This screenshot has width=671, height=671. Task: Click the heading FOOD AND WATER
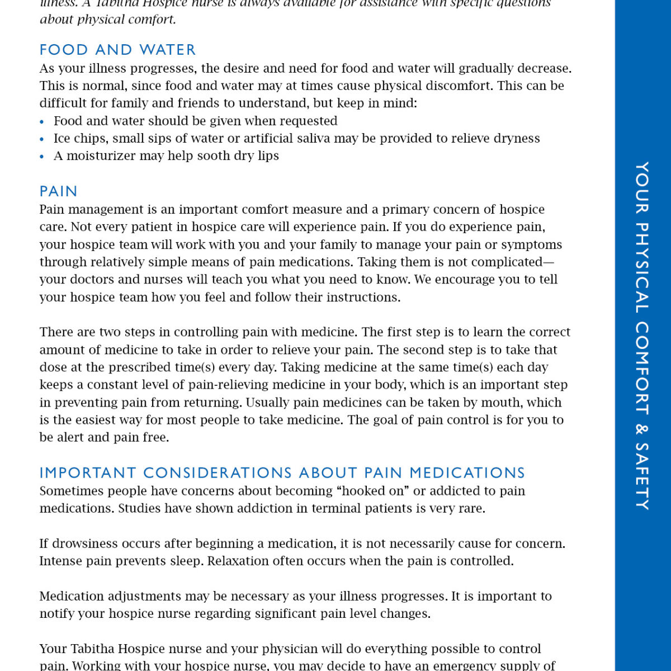point(117,50)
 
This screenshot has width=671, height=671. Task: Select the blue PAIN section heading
point(58,191)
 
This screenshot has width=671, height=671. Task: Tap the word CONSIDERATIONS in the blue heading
point(218,473)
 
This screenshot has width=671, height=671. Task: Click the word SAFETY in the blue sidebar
point(642,476)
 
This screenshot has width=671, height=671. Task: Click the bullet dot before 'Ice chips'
point(42,139)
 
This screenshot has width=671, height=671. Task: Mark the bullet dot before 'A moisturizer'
point(42,157)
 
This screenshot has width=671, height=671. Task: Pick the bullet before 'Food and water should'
point(42,122)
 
